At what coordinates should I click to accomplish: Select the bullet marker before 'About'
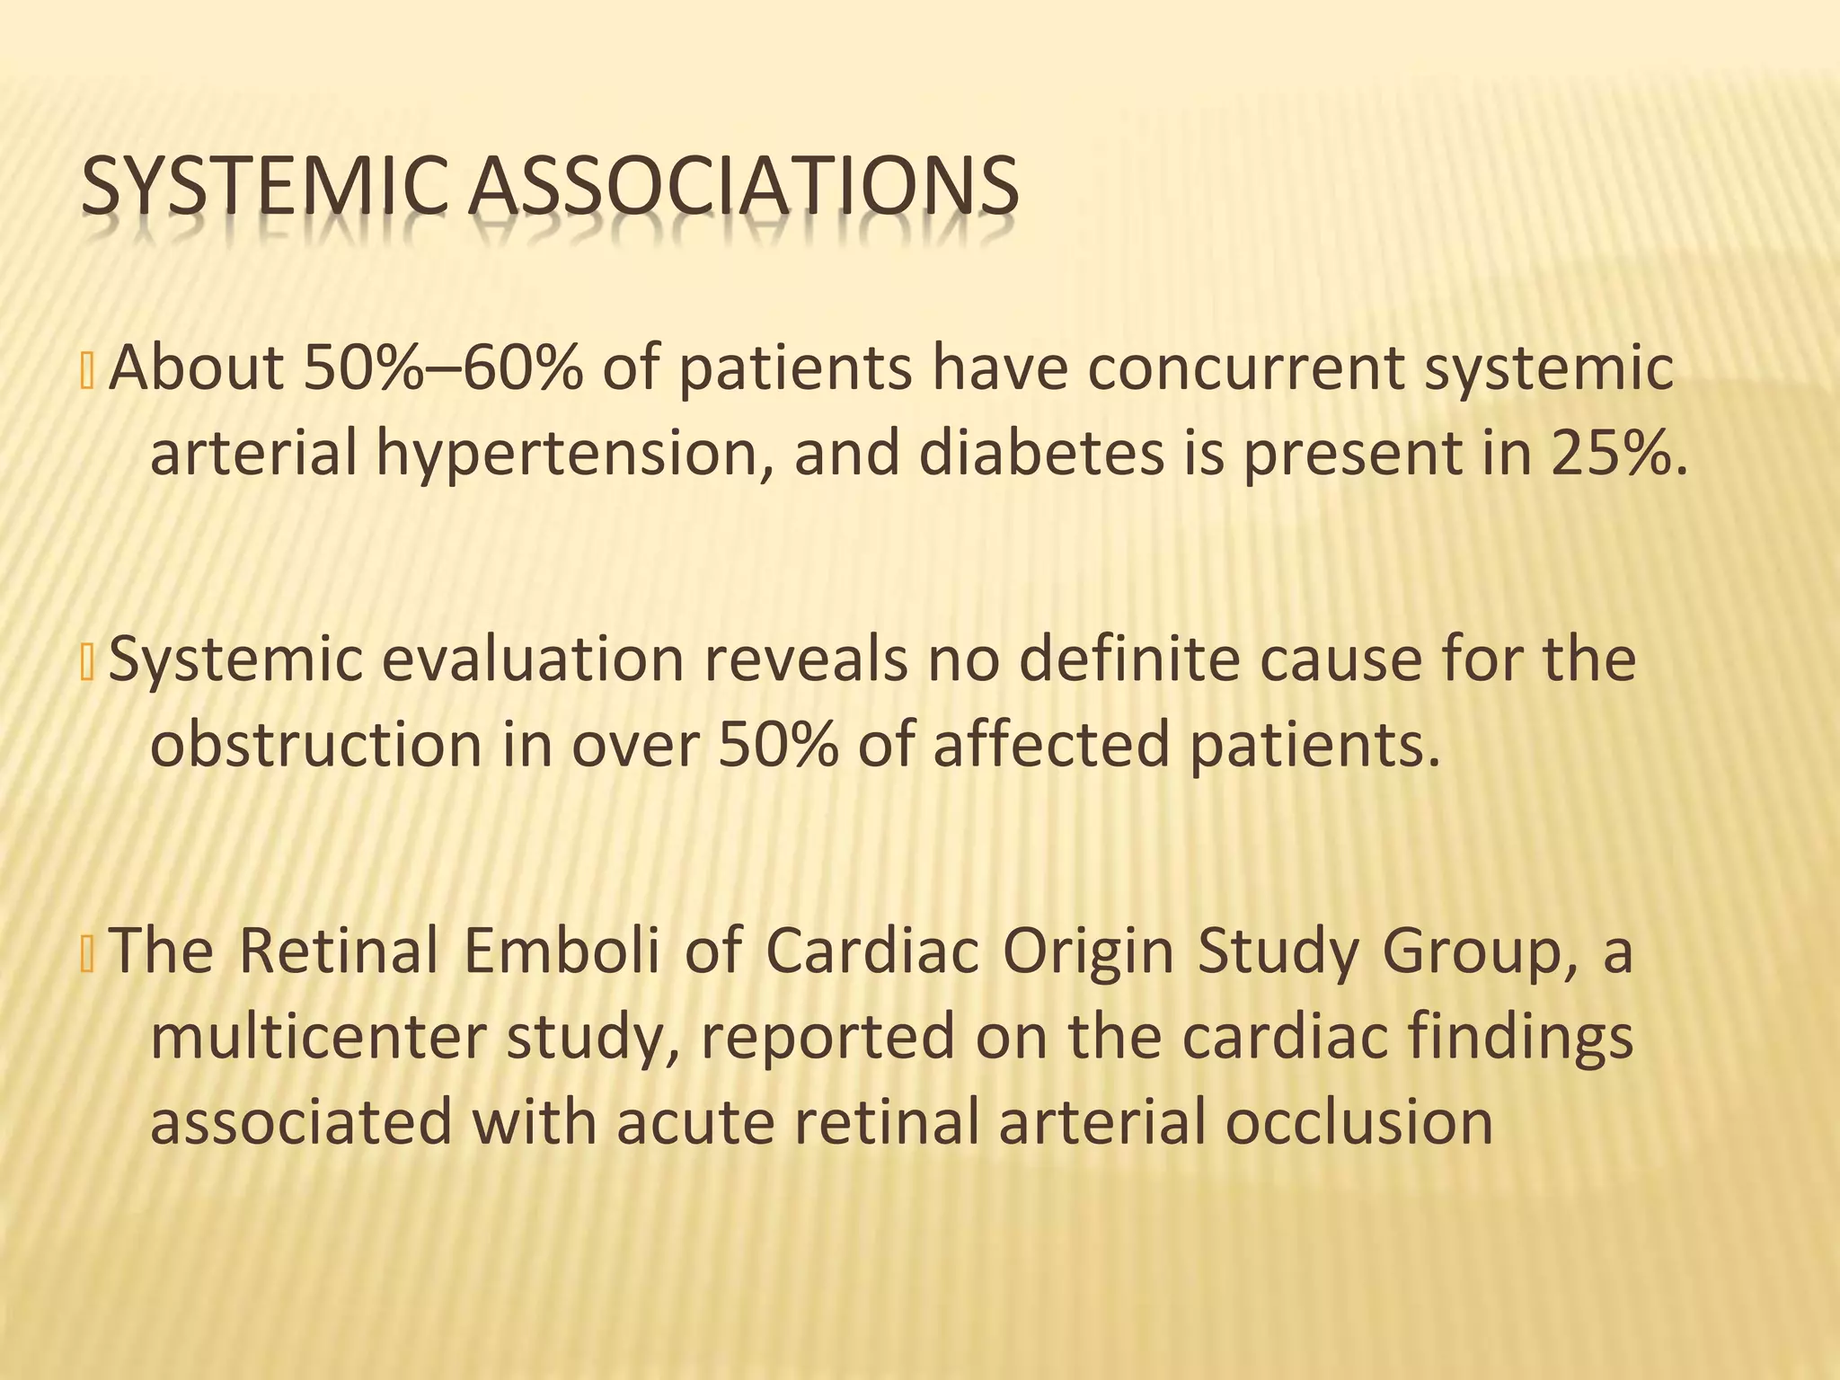[x=87, y=369]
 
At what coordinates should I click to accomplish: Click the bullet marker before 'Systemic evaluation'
[x=87, y=660]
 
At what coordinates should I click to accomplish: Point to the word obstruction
[x=315, y=745]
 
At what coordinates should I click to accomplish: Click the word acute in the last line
[x=694, y=1122]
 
